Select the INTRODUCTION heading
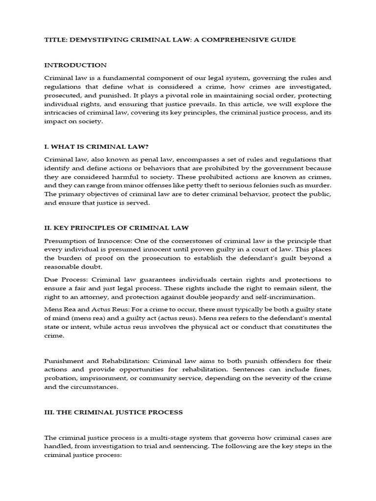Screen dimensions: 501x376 (75, 65)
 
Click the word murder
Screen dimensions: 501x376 (319, 186)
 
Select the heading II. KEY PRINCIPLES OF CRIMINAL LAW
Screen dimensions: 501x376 (116, 228)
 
